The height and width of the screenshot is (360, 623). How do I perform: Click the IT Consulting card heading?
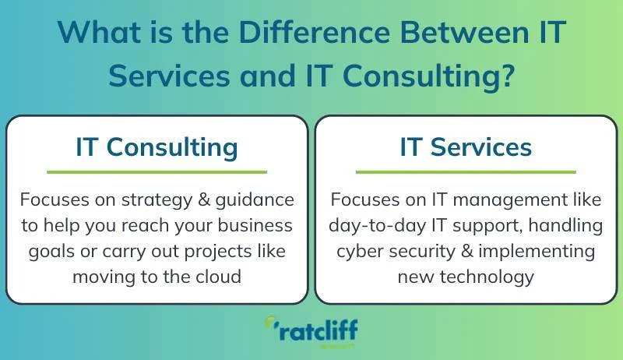(x=157, y=146)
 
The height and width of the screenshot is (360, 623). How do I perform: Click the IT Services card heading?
(x=466, y=146)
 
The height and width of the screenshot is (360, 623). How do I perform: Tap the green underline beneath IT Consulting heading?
(x=157, y=171)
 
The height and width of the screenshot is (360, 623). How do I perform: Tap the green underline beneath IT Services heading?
(x=466, y=171)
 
